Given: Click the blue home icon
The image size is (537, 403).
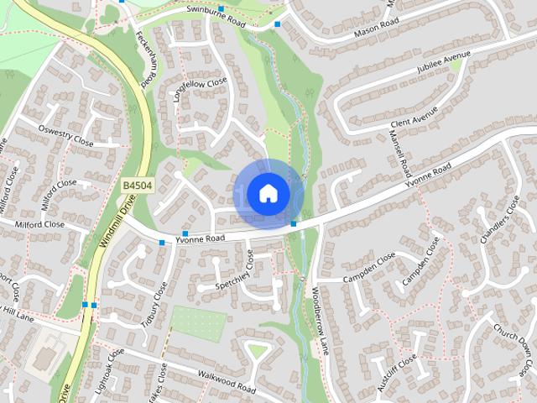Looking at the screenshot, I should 268,193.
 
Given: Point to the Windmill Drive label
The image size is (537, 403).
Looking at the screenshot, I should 112,227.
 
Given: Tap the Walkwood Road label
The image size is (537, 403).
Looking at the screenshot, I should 225,384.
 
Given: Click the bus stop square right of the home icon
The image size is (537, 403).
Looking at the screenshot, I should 294,223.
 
